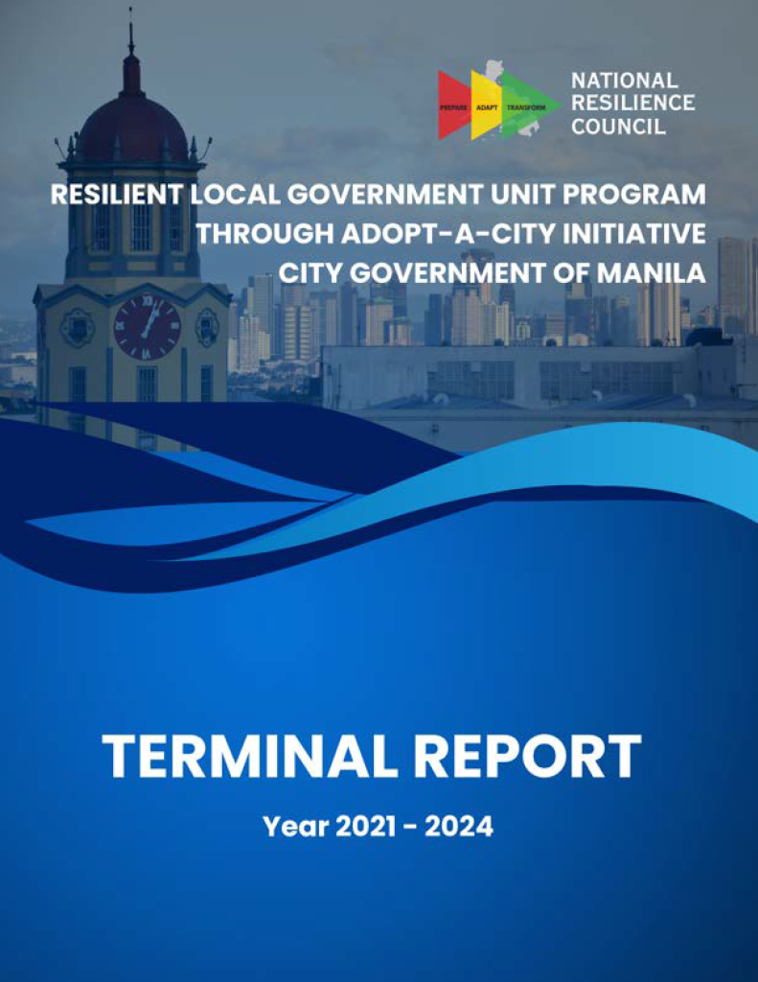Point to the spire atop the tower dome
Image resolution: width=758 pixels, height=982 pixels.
click(130, 38)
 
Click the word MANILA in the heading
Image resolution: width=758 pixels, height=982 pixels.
click(653, 272)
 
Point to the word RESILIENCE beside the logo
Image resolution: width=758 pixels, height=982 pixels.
click(632, 104)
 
